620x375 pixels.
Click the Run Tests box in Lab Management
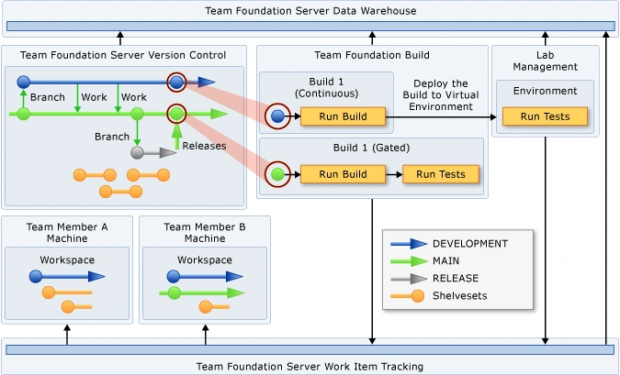pyautogui.click(x=545, y=116)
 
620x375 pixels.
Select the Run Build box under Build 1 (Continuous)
pyautogui.click(x=329, y=116)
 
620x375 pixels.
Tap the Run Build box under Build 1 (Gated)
pyautogui.click(x=329, y=174)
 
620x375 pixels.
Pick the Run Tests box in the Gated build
pyautogui.click(x=440, y=174)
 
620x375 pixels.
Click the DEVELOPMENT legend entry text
pyautogui.click(x=469, y=244)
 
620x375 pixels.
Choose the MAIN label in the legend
pyautogui.click(x=448, y=261)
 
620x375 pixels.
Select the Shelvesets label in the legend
pyautogui.click(x=462, y=295)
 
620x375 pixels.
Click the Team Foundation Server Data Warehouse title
pyautogui.click(x=310, y=11)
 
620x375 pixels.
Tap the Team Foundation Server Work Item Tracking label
pyautogui.click(x=310, y=366)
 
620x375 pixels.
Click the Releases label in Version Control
pyautogui.click(x=204, y=146)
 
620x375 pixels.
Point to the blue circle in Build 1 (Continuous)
pyautogui.click(x=277, y=116)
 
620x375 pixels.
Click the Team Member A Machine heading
pyautogui.click(x=66, y=233)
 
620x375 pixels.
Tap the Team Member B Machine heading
pyautogui.click(x=204, y=233)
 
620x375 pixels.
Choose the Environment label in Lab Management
pyautogui.click(x=545, y=91)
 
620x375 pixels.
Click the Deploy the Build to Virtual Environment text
pyautogui.click(x=441, y=95)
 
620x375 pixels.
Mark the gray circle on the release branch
pyautogui.click(x=137, y=152)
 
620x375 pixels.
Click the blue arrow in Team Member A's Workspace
pyautogui.click(x=73, y=275)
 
